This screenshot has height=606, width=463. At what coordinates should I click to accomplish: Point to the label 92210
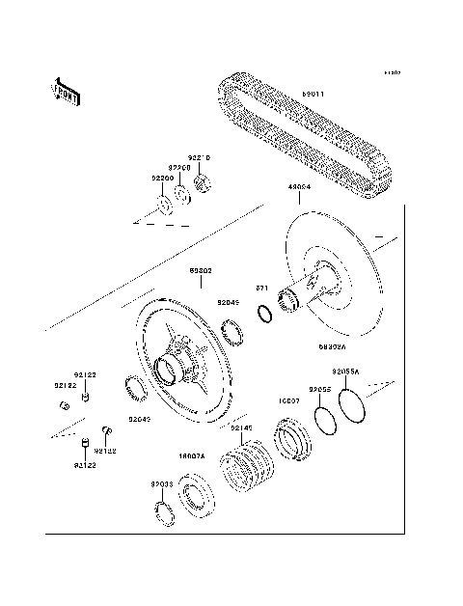pos(199,157)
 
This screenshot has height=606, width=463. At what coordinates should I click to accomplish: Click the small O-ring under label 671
pos(263,314)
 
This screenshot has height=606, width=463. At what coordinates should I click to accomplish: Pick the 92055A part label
pos(345,372)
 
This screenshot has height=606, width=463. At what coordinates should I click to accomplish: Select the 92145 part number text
pos(241,427)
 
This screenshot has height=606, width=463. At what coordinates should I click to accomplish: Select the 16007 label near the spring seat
pos(290,399)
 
